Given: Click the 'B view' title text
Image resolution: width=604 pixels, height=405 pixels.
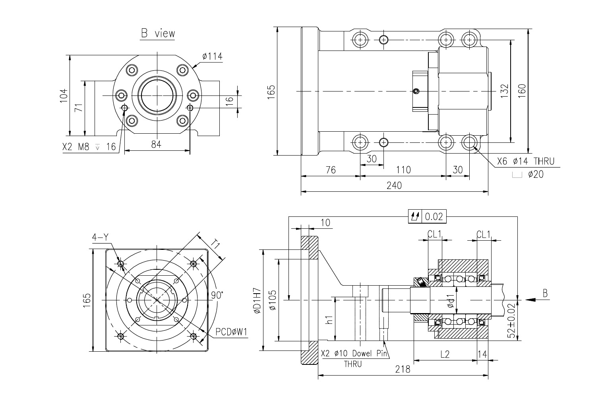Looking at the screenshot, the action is [158, 33].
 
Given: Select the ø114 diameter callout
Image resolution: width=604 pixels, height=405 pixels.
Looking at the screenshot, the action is [213, 56].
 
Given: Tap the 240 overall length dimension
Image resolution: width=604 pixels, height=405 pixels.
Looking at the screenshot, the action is [394, 185].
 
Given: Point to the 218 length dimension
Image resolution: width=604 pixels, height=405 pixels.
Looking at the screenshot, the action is [403, 369].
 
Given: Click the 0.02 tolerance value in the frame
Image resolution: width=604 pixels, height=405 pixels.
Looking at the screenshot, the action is [434, 216].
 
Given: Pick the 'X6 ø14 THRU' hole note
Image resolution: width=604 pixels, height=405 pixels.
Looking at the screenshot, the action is [526, 162].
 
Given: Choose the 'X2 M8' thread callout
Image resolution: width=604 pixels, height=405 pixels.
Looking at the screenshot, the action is [76, 147].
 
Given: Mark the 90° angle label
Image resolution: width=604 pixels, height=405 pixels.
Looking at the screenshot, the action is [217, 295].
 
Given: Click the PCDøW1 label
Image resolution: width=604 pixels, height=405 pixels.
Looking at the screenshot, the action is [231, 332].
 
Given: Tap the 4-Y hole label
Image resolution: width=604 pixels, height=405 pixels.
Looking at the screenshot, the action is [100, 238].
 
